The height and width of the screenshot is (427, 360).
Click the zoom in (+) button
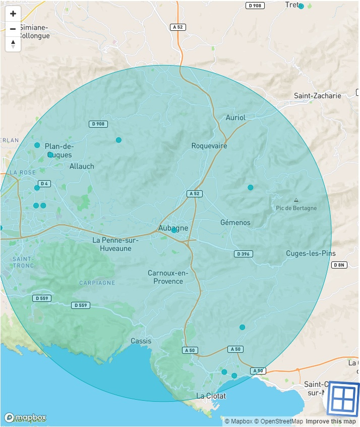coord(13,14)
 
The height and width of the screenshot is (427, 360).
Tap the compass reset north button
coord(13,44)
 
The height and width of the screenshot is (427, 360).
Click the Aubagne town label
coord(173,228)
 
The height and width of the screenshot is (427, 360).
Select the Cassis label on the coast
coord(141,341)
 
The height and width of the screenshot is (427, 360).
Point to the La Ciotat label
coord(211,396)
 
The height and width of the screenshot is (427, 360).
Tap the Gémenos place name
coord(235,223)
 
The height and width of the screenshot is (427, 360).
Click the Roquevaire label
coord(209,146)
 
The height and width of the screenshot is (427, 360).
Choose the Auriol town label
coord(235,118)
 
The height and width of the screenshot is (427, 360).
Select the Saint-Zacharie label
coord(317,96)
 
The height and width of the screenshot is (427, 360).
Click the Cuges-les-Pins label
coord(311,253)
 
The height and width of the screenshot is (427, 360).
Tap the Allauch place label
coord(82,166)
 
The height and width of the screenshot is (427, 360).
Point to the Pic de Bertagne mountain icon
coord(296,200)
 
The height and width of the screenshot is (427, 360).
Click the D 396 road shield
coord(244,254)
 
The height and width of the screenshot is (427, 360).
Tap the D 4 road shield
coord(44,183)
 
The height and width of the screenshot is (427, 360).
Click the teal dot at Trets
coord(301,6)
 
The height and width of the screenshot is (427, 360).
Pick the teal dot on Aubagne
coord(174,230)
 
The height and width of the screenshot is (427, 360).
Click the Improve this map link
coord(330,421)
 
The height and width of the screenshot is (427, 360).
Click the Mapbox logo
coord(25,417)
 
